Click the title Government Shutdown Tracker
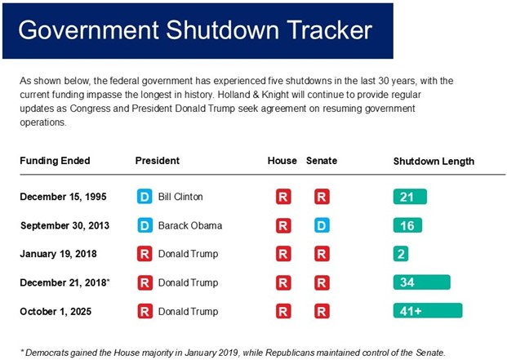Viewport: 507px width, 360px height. tap(195, 30)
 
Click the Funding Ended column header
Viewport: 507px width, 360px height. tap(55, 161)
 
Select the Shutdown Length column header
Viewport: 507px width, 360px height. tap(434, 161)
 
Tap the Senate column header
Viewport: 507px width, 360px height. tap(321, 161)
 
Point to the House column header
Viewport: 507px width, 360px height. tap(282, 161)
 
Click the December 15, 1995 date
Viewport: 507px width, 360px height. tap(62, 197)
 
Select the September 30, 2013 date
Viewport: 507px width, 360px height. tap(64, 225)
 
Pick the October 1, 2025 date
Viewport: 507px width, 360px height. tap(55, 311)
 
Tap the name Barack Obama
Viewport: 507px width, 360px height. tap(189, 225)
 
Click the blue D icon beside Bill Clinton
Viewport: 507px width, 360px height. tap(145, 197)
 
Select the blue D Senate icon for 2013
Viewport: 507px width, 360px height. tap(322, 226)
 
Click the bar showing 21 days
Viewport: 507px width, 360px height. tap(410, 197)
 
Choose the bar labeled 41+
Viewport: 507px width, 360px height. tap(427, 311)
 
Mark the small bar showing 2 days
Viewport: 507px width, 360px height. tap(401, 254)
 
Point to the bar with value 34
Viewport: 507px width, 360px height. tap(421, 282)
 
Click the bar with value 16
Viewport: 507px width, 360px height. tap(407, 225)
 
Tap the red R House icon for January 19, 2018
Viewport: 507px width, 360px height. tap(283, 254)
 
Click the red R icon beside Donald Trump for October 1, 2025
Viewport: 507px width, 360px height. tap(145, 311)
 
